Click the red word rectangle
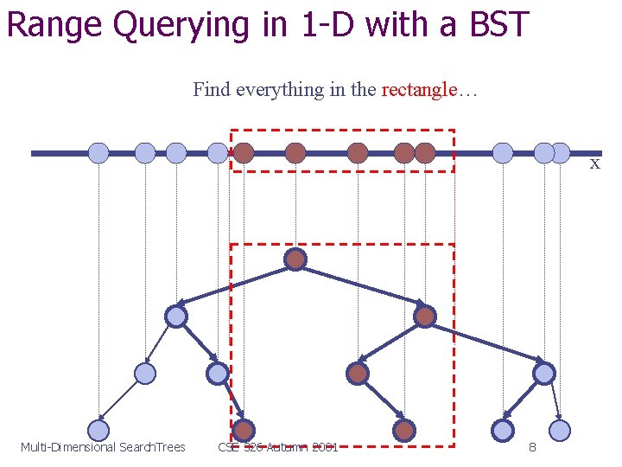pos(418,90)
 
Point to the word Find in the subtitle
pos(211,90)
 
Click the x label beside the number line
pos(594,164)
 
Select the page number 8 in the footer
pos(532,447)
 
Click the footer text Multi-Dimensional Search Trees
pos(103,447)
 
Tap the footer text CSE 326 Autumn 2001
pos(277,447)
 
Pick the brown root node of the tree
pos(295,259)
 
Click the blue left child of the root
pos(176,317)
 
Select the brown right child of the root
pos(424,317)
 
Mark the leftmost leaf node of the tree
pos(98,430)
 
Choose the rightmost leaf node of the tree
pos(560,430)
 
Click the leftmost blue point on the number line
pos(98,153)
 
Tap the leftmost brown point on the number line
pos(244,153)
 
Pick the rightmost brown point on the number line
pos(425,153)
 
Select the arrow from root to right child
pos(363,288)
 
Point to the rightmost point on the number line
pos(561,153)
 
